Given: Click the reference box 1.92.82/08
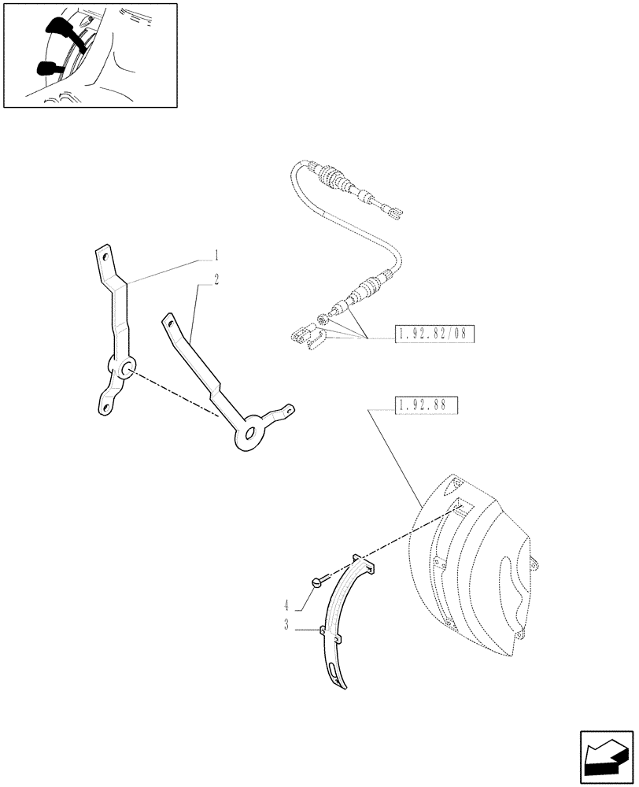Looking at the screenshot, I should [x=433, y=333].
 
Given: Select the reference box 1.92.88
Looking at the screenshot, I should [x=424, y=407].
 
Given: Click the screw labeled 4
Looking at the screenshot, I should [x=317, y=582].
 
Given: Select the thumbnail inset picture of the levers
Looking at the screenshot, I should [x=90, y=55].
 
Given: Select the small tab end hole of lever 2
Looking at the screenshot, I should [x=290, y=409].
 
